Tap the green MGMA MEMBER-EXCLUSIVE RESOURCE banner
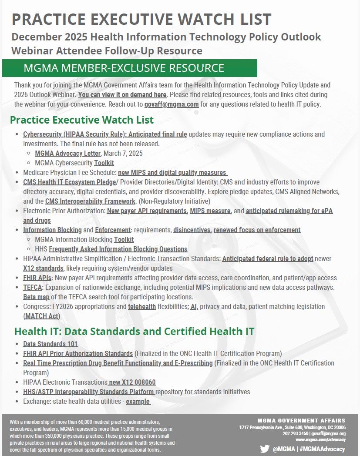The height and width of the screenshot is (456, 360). coord(129,68)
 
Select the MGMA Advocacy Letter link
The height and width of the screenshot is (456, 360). coord(68,153)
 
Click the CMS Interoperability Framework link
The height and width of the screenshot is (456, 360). coord(90,201)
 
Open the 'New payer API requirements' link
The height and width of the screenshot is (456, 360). coord(147,211)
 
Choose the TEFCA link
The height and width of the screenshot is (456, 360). coord(32,288)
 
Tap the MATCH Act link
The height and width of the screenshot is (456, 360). coord(41,316)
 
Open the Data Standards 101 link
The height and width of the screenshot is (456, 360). coord(50,344)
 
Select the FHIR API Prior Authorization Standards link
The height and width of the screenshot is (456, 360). coord(78,353)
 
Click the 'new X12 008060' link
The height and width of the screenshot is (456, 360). coord(132,382)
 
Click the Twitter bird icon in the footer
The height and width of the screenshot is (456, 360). coord(264,449)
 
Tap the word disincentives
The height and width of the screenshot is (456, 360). coord(192,230)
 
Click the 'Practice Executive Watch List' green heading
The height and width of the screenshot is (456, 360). coord(81,120)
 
